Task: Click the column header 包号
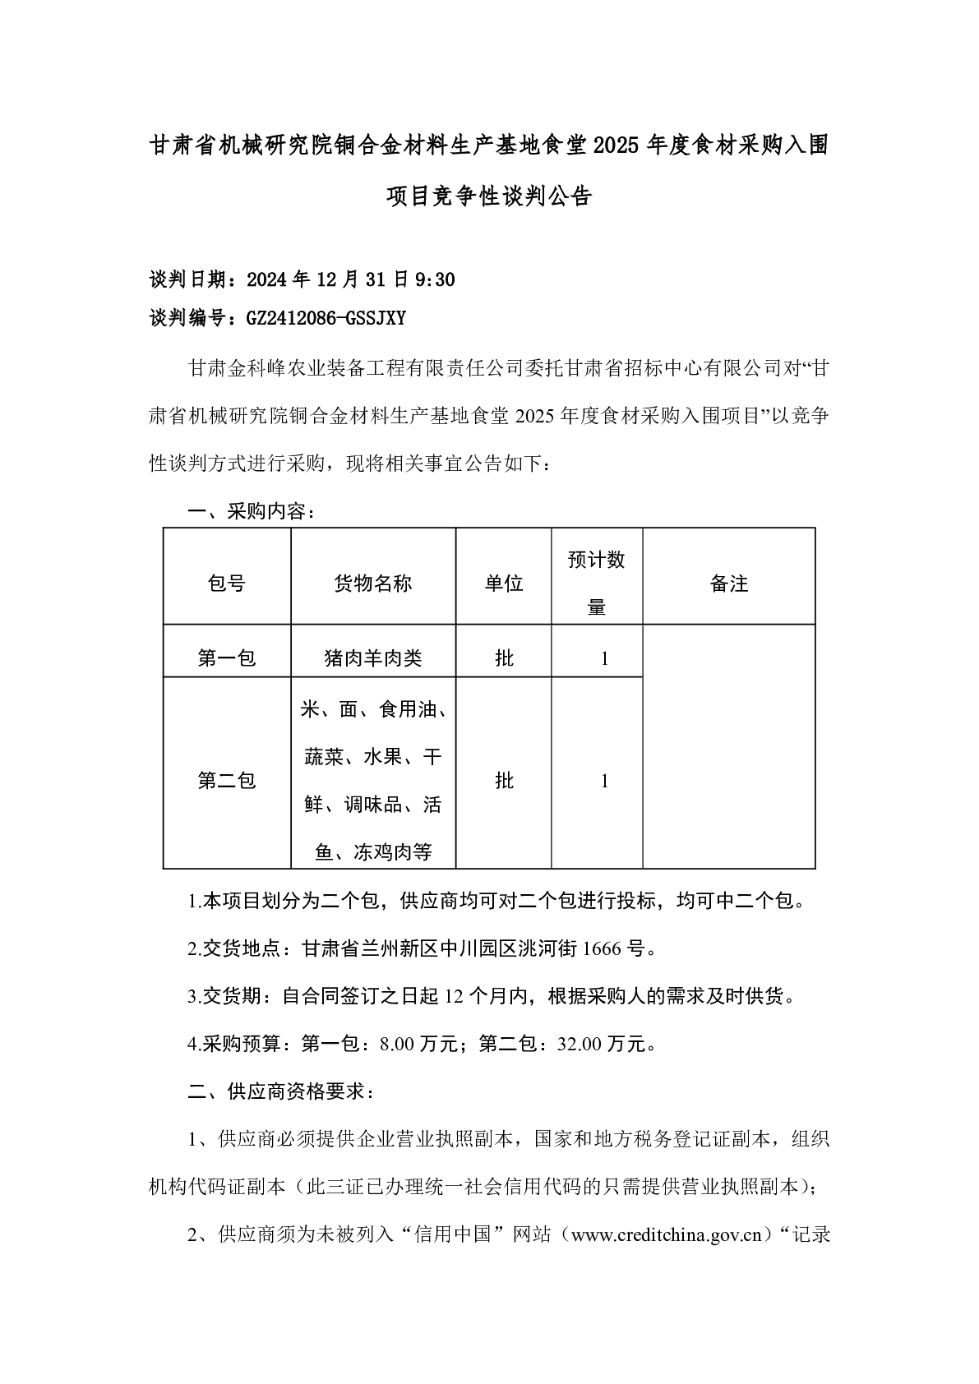(x=227, y=584)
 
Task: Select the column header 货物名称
(x=373, y=584)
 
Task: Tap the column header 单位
(x=503, y=584)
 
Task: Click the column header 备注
(x=728, y=584)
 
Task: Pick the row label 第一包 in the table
(x=227, y=657)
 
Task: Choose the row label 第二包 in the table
(x=227, y=780)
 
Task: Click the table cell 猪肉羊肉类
(x=373, y=657)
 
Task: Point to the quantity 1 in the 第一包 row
(x=605, y=658)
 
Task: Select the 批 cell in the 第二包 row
(x=504, y=780)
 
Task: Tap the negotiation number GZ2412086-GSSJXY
(x=326, y=318)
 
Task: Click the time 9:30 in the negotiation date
(x=436, y=280)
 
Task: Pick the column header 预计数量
(x=597, y=584)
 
